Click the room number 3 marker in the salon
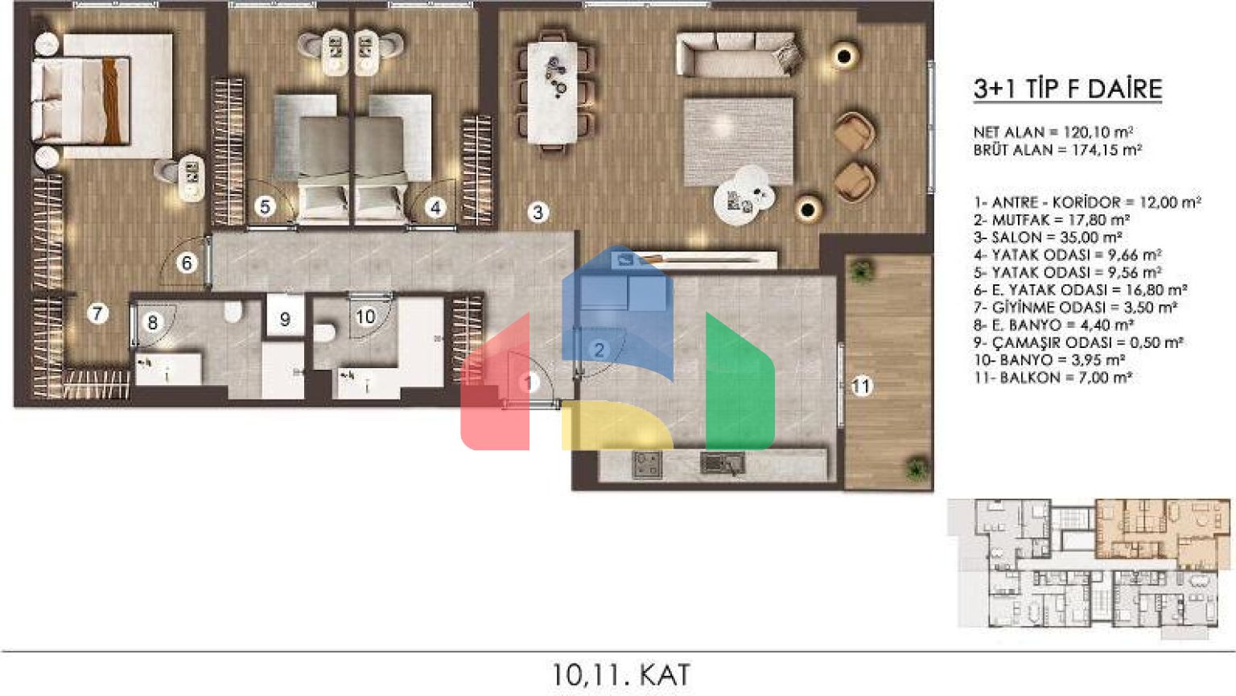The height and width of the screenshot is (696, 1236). tap(538, 212)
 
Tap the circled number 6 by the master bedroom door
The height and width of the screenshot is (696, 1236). tap(187, 263)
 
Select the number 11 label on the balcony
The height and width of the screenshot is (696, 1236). tap(861, 386)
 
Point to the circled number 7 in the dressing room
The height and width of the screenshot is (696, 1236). tap(97, 313)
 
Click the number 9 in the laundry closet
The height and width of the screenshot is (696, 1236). tap(286, 319)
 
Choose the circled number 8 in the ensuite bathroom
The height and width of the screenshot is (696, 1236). tap(153, 322)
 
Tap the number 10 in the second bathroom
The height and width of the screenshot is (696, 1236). tap(365, 317)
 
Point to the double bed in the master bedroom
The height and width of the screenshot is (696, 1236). tap(102, 97)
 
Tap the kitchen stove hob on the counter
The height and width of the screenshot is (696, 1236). tap(647, 465)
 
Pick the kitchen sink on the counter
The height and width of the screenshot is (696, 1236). tap(723, 463)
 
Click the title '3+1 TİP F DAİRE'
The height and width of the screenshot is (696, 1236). tap(1068, 89)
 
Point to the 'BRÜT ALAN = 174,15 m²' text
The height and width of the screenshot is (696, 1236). tap(1057, 149)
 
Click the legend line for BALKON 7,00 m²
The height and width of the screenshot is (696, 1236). tap(1053, 378)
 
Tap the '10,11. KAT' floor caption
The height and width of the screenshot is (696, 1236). tap(620, 674)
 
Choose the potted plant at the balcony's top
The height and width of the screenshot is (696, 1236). tap(860, 271)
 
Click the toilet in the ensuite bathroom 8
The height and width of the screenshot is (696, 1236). tap(233, 311)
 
